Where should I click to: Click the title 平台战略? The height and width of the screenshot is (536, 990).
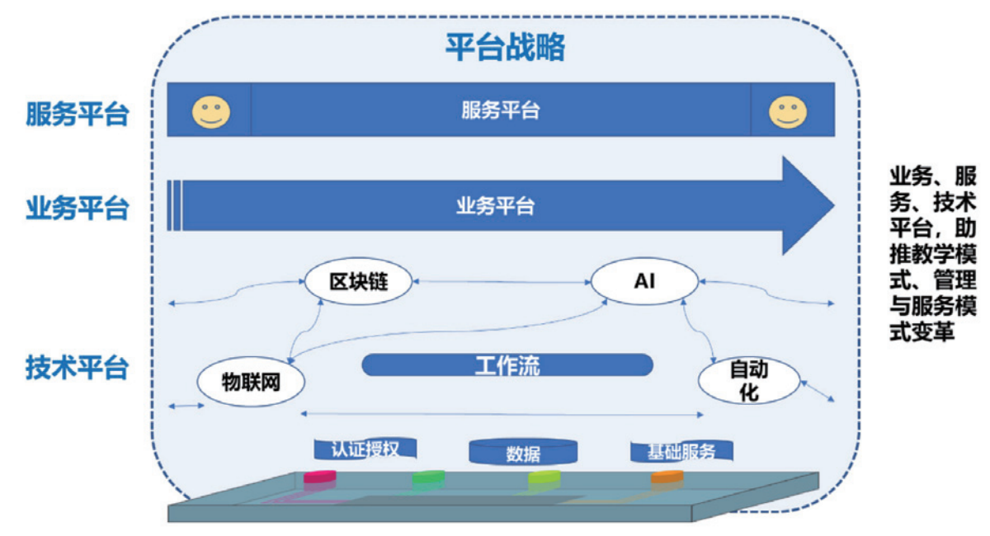coord(505,47)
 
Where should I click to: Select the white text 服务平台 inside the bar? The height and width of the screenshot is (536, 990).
coord(500,110)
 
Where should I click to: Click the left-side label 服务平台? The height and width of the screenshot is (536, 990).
coord(78,114)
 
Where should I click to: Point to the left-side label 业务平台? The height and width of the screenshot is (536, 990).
coord(78,208)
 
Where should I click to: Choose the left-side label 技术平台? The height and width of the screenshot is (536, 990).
coord(78,367)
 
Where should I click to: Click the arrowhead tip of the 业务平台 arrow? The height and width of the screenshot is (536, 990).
coord(832,205)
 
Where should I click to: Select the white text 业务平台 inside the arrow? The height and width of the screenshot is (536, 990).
coord(495,205)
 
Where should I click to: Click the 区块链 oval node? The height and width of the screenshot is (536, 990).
coord(357,283)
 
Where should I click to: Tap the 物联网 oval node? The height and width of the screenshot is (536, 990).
coord(250,383)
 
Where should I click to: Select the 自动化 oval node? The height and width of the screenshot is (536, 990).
coord(748,380)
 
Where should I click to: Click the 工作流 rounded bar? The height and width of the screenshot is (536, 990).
coord(507,364)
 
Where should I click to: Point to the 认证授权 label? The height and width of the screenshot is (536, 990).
coord(365,449)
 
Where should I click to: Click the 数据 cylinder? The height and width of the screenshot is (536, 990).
coord(523,452)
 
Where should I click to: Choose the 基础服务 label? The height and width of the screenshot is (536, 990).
coord(681,450)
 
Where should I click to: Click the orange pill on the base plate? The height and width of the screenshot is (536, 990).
coord(667,477)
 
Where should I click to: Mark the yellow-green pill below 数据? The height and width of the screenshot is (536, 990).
coord(544,477)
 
